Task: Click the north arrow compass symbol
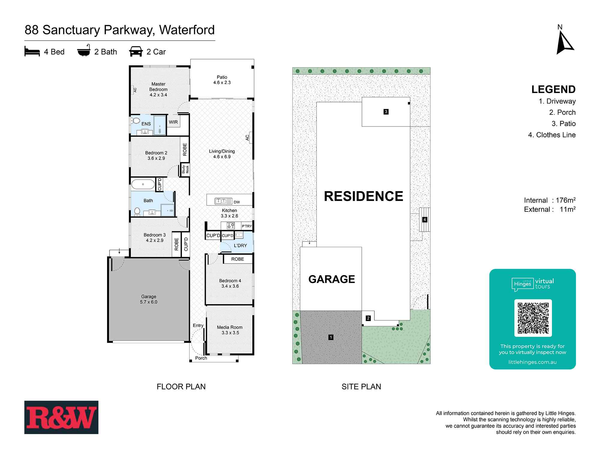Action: coord(565,44)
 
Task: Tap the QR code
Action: coord(533,318)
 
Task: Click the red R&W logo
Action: coord(61,417)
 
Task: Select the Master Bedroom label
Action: coord(158,89)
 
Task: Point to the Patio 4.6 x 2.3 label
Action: coord(222,80)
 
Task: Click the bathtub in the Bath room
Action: coord(143,184)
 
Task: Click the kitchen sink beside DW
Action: coord(223,201)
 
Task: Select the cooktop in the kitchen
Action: coord(230,226)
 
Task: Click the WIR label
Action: coord(173,122)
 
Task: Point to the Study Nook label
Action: coord(185,169)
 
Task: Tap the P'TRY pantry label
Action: coord(247,226)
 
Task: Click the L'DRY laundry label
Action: coord(240,245)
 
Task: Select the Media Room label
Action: coord(230,330)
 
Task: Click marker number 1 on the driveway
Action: coord(331,337)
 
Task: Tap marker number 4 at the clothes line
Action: coord(424,220)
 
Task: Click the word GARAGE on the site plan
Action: coord(331,279)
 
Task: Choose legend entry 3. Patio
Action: coord(563,124)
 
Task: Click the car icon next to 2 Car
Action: coord(136,52)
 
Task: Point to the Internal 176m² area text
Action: coord(550,200)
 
